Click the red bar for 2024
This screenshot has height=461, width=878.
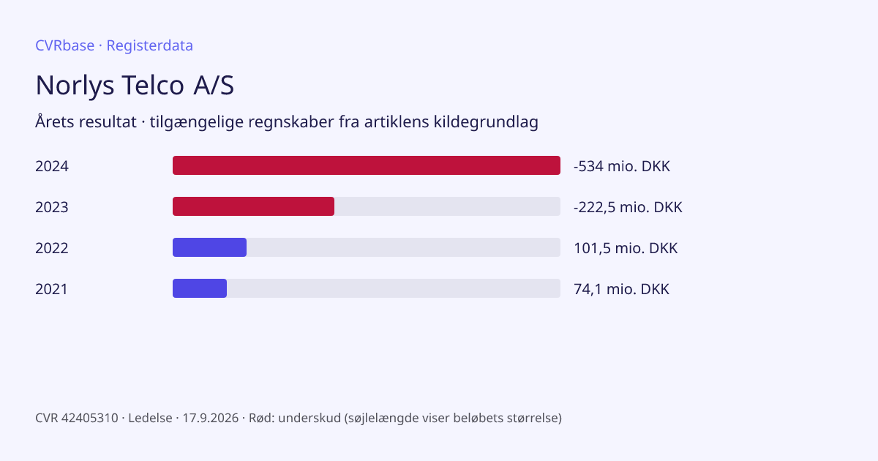pos(367,165)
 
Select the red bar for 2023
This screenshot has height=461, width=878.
pos(254,206)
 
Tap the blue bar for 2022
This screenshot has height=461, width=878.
pos(210,247)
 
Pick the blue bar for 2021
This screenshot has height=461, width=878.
pos(200,288)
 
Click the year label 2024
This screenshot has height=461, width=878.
pos(52,166)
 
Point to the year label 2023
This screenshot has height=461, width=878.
pos(52,207)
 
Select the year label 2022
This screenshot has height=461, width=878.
pos(52,248)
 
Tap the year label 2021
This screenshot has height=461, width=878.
pos(51,289)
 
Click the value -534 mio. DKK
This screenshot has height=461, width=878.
pos(622,166)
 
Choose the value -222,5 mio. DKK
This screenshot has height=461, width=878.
pos(628,207)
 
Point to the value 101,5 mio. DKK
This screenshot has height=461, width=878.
pos(626,248)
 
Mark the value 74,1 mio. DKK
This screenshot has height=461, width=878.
pos(621,289)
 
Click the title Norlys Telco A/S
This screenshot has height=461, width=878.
pos(135,85)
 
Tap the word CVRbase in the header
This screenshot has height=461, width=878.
pos(64,45)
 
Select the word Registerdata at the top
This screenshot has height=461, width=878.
pos(150,46)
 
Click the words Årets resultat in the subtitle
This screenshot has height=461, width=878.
pos(86,121)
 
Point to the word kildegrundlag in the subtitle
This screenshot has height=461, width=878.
pos(486,122)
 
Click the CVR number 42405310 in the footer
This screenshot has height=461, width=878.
pos(90,418)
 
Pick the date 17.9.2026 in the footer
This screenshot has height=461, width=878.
pos(211,418)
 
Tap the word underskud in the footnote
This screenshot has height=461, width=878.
pos(309,418)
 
